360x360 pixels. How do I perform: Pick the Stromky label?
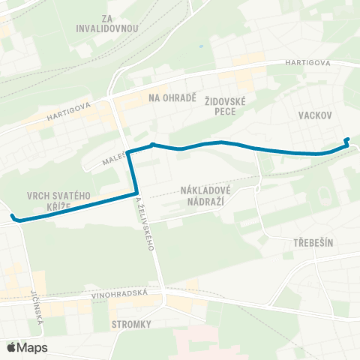click(x=131, y=324)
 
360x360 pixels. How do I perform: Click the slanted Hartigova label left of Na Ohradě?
click(x=68, y=111)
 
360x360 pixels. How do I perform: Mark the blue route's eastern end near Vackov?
click(x=346, y=139)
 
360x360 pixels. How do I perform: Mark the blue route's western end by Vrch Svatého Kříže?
click(x=13, y=217)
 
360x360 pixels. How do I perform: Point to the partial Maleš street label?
click(x=110, y=159)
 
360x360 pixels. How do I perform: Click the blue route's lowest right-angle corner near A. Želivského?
click(x=136, y=193)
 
